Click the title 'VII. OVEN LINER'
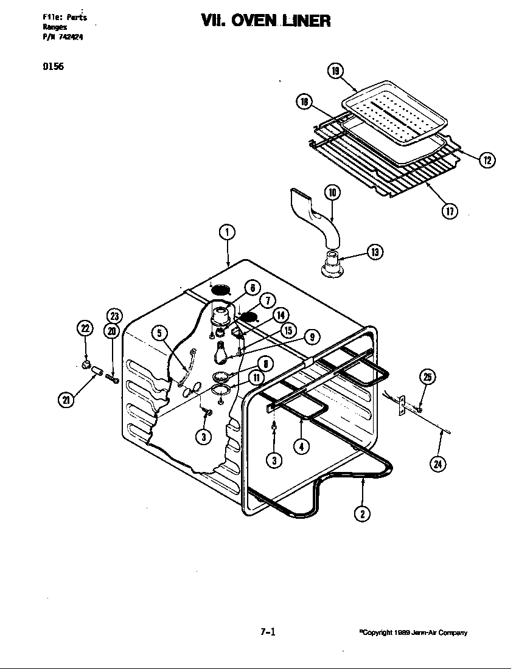coord(266,20)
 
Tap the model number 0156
coord(53,66)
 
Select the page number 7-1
coord(267,632)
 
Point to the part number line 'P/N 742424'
coord(63,36)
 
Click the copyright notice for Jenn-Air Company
coord(413,633)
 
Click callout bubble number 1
coord(226,232)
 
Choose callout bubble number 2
coord(362,513)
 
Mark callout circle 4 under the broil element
coord(301,446)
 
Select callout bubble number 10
coord(332,193)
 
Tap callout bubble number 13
coord(375,252)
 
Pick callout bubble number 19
coord(335,71)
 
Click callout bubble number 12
coord(487,160)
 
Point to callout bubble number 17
coord(449,211)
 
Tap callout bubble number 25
coord(428,377)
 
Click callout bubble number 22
coord(85,328)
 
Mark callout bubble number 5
coord(159,332)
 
